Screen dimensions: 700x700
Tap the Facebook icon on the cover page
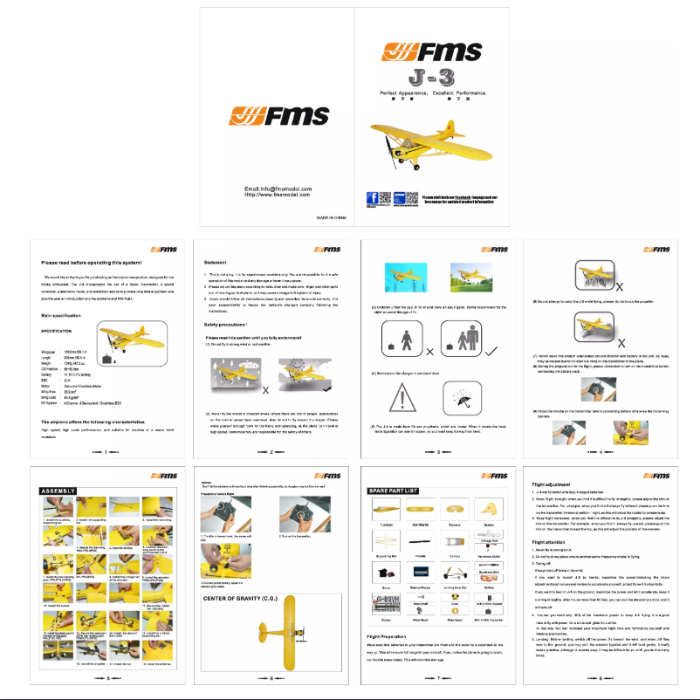pyautogui.click(x=373, y=199)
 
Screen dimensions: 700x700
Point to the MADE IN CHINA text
pyautogui.click(x=332, y=216)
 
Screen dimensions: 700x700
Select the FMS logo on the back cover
pyautogui.click(x=273, y=115)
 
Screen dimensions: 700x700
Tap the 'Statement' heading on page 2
pyautogui.click(x=215, y=262)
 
